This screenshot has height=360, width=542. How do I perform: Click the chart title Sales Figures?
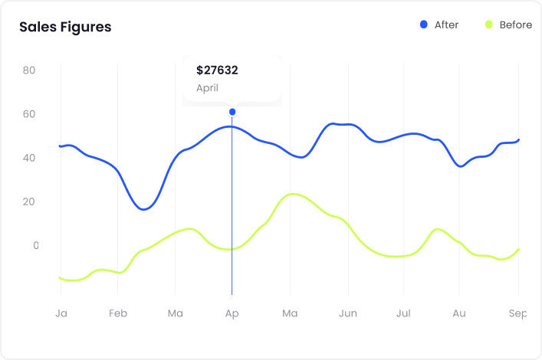point(65,27)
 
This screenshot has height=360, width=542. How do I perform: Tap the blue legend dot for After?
point(424,25)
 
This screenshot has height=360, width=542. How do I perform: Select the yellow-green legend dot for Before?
point(488,25)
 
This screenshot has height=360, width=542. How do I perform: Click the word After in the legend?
point(446,25)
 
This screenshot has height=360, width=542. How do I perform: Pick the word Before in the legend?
point(515,25)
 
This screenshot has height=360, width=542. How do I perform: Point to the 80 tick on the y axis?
point(30,70)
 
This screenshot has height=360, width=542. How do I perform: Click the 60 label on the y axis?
point(30,114)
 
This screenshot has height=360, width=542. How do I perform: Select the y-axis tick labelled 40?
point(30,158)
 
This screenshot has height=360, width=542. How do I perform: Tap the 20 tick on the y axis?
point(30,201)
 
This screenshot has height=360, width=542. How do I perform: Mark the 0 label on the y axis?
point(35,245)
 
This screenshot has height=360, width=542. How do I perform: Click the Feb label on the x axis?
point(117,313)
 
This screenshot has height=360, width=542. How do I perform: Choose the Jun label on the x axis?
point(348,313)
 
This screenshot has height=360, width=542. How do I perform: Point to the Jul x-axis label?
point(403,313)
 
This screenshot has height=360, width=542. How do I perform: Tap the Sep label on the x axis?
point(518,313)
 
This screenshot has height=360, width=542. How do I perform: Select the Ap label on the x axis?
point(232,313)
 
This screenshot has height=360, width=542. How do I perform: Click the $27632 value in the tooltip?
point(217,70)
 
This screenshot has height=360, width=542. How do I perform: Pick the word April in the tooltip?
point(207,88)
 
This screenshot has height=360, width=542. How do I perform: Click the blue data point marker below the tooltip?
point(232,112)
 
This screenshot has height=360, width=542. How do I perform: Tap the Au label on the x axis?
point(459,313)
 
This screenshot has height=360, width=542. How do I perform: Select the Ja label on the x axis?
point(61,313)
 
